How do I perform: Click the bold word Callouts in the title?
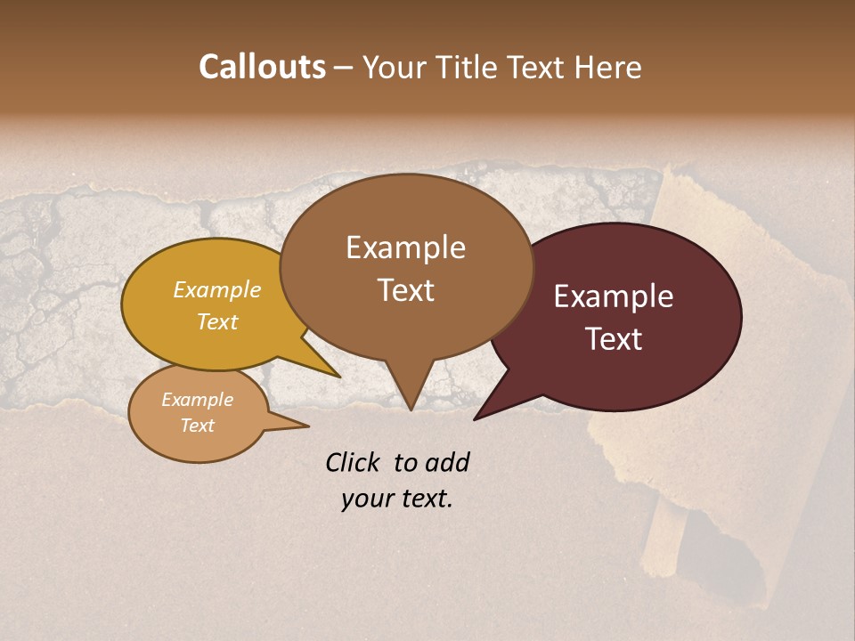pos(262,67)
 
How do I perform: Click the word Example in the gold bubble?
pos(217,289)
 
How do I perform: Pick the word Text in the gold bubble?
pos(217,321)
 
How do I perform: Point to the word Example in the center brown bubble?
pos(405,247)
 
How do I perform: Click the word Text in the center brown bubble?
pos(405,290)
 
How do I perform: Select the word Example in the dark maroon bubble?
pos(614,296)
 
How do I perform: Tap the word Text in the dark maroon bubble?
pos(614,339)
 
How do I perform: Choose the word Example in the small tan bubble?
pos(197,400)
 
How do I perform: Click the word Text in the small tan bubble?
pos(197,426)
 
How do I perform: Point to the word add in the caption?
pos(448,462)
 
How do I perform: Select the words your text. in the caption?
pos(397,499)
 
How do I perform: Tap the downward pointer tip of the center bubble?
pos(411,407)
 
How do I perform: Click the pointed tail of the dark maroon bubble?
pos(478,417)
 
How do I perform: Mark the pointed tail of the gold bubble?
pos(337,375)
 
